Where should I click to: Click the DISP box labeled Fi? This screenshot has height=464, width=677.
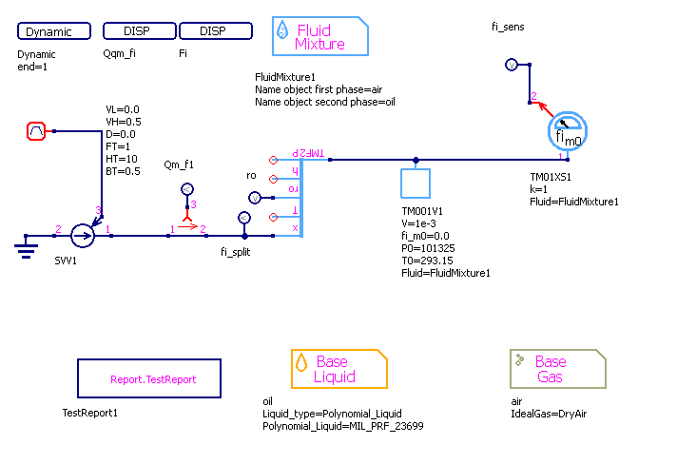click(x=214, y=31)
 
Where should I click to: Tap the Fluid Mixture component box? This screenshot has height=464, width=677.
click(x=320, y=37)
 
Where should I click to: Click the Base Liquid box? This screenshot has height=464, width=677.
click(x=339, y=369)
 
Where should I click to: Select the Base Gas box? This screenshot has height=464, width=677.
click(x=558, y=369)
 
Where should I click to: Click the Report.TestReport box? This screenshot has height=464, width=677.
click(x=149, y=378)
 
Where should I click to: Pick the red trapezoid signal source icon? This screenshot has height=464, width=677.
click(x=36, y=131)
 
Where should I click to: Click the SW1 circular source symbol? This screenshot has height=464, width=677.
click(x=83, y=233)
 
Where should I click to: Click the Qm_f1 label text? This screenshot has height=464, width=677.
click(x=179, y=164)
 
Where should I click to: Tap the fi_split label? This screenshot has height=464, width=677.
click(x=235, y=253)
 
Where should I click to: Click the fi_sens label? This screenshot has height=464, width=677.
click(x=508, y=28)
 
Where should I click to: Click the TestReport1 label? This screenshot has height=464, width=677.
click(x=91, y=413)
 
